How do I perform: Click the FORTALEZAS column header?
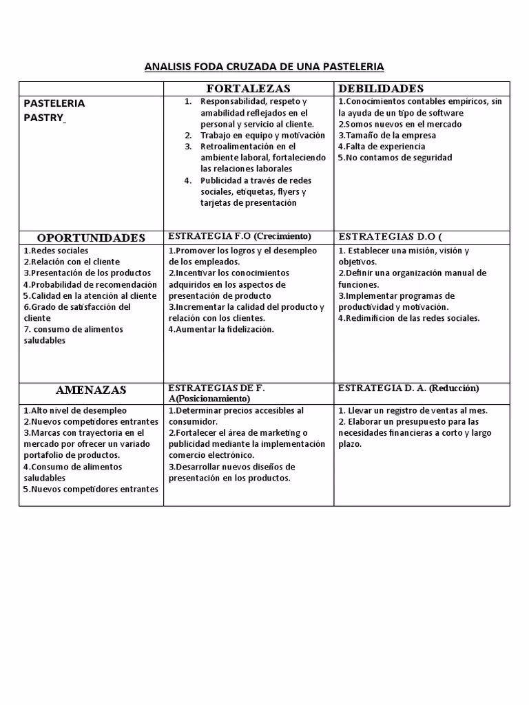click(249, 89)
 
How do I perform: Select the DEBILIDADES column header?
click(381, 89)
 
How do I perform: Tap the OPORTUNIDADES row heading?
click(91, 238)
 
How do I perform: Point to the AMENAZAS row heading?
click(91, 390)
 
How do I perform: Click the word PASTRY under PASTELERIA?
click(43, 118)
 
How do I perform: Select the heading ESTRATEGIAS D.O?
click(390, 236)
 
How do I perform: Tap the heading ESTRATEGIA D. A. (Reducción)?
click(408, 388)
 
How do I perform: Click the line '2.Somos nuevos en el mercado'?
click(400, 124)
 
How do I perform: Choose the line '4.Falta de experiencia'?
click(382, 146)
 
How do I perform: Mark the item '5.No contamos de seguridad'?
click(395, 157)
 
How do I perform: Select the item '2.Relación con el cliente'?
click(72, 262)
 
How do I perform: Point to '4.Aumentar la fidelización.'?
click(221, 329)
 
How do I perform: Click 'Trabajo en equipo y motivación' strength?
click(262, 135)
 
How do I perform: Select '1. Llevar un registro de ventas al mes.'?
click(413, 410)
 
